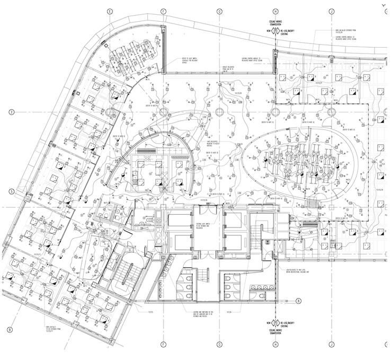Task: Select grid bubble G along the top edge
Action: pyautogui.click(x=219, y=11)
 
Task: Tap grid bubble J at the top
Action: pyautogui.click(x=331, y=11)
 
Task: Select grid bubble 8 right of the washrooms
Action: pyautogui.click(x=298, y=301)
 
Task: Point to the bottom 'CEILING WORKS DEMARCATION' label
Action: pyautogui.click(x=275, y=332)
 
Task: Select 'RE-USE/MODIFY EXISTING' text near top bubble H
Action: pyautogui.click(x=288, y=31)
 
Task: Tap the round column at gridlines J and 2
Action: pyautogui.click(x=331, y=112)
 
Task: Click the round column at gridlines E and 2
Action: pyautogui.click(x=110, y=112)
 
